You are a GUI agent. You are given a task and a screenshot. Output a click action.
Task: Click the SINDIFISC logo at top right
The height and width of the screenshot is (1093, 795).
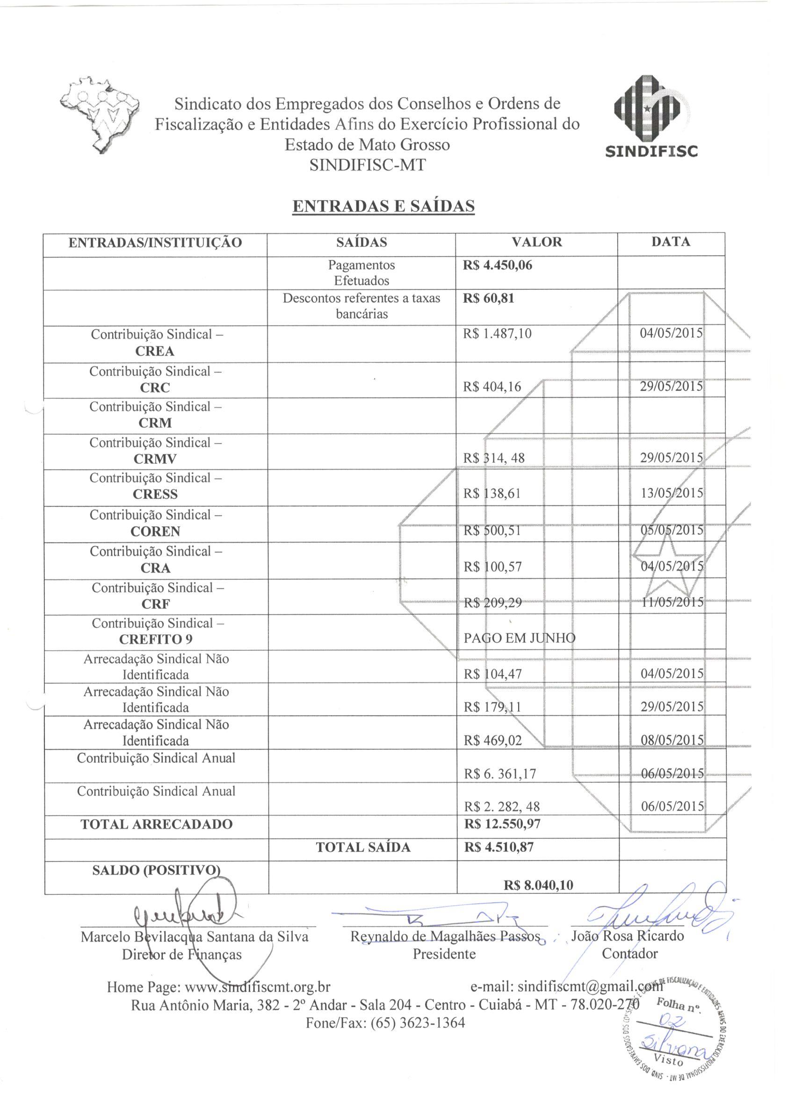click(650, 117)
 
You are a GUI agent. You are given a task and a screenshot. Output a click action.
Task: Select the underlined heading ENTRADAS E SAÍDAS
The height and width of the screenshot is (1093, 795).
click(384, 206)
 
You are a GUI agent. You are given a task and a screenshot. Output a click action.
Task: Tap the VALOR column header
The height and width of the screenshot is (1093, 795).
click(536, 242)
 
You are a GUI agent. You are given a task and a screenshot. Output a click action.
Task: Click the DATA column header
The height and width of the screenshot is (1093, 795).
click(671, 242)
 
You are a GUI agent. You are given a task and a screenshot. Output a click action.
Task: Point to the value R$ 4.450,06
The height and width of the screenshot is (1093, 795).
click(498, 266)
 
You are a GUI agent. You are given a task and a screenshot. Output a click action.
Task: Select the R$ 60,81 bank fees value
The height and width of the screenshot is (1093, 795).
click(488, 298)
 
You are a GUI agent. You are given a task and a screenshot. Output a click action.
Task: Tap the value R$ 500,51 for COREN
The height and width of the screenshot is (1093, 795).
click(492, 531)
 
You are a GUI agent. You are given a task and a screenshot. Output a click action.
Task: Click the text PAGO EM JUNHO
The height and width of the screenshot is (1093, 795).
click(519, 639)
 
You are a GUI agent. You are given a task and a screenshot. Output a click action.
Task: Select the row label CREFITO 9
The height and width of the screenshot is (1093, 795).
click(156, 640)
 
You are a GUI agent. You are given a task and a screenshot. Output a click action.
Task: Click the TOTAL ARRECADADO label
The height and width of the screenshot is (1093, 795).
click(156, 824)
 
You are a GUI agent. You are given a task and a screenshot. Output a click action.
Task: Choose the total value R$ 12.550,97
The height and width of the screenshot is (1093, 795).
click(502, 824)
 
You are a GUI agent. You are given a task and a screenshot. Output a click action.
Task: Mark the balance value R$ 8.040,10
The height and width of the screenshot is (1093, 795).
click(538, 885)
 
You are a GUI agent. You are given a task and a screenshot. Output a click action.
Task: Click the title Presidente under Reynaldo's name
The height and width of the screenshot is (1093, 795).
click(444, 954)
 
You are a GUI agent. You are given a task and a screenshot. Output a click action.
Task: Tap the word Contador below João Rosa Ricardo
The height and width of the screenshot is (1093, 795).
click(629, 953)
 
